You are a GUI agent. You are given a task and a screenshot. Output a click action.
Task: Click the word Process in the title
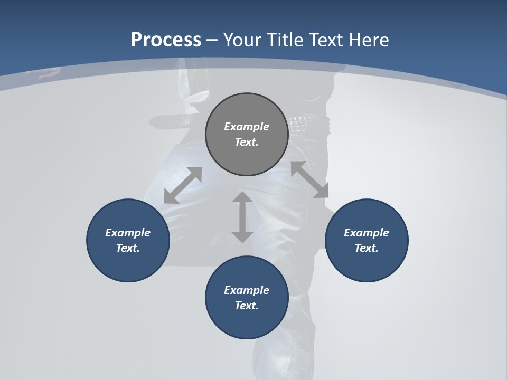pyautogui.click(x=166, y=40)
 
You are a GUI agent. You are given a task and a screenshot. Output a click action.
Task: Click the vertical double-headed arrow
pyautogui.click(x=242, y=217)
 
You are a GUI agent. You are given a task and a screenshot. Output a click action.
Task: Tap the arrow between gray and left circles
pyautogui.click(x=183, y=185)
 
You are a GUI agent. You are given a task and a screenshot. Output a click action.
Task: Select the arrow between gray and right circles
pyautogui.click(x=310, y=180)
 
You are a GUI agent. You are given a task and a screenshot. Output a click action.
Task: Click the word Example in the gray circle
pyautogui.click(x=247, y=127)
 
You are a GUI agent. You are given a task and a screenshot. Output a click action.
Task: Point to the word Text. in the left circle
pyautogui.click(x=128, y=248)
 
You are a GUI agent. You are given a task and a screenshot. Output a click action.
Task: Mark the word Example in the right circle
pyautogui.click(x=367, y=233)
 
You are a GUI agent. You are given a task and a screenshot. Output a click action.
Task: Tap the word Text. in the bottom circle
pyautogui.click(x=247, y=306)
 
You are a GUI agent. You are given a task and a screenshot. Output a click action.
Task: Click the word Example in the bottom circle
pyautogui.click(x=247, y=290)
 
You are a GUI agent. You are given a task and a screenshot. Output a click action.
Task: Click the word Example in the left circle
pyautogui.click(x=128, y=233)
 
